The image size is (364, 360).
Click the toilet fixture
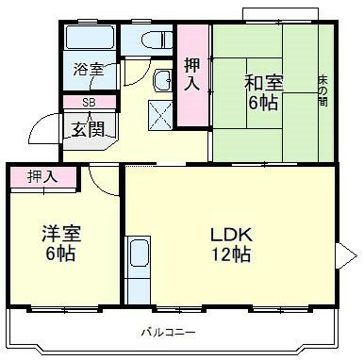click(157, 40)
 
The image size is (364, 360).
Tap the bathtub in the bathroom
click(90, 37)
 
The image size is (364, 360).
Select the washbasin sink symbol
click(162, 80)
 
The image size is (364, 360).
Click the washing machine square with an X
click(160, 115)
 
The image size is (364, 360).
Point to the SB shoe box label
click(89, 103)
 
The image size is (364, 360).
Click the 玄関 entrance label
click(88, 128)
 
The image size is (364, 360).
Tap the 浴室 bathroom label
click(89, 69)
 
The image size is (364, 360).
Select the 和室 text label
click(264, 83)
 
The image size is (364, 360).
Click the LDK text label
click(231, 235)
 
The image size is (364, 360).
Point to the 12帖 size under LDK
click(231, 254)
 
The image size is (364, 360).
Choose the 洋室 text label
click(61, 234)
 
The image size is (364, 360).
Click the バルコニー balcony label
click(168, 332)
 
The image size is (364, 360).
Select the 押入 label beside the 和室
click(192, 74)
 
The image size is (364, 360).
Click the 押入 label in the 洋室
click(42, 176)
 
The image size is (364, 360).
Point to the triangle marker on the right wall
click(346, 256)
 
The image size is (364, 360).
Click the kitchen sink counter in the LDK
click(138, 270)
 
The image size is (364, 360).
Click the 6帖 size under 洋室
click(60, 254)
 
